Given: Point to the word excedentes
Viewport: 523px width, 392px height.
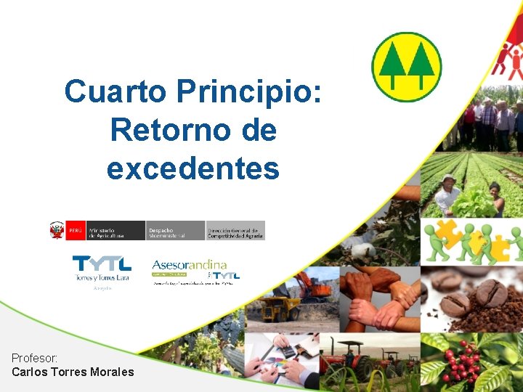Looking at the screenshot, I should tap(192, 168).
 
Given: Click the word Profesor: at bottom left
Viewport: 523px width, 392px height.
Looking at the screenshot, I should tap(35, 358).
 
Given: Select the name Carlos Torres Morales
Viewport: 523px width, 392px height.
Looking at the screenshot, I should tap(73, 372).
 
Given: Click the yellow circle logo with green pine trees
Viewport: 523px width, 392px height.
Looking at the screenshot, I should tap(406, 66).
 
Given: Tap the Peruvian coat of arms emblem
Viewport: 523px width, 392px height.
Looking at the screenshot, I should tap(57, 231).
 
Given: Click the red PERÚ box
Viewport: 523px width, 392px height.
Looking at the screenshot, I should tap(76, 231).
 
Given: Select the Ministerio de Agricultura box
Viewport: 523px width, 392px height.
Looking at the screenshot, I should tap(115, 231).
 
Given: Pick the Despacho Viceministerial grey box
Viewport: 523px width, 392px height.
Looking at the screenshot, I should tap(175, 231).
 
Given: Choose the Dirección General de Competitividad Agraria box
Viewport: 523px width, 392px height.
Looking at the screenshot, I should tap(235, 231).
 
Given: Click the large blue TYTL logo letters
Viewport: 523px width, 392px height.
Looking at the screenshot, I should tap(102, 264).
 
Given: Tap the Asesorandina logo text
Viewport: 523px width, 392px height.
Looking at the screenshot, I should tap(189, 265).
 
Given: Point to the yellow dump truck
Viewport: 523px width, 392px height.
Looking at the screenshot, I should tap(280, 308).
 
